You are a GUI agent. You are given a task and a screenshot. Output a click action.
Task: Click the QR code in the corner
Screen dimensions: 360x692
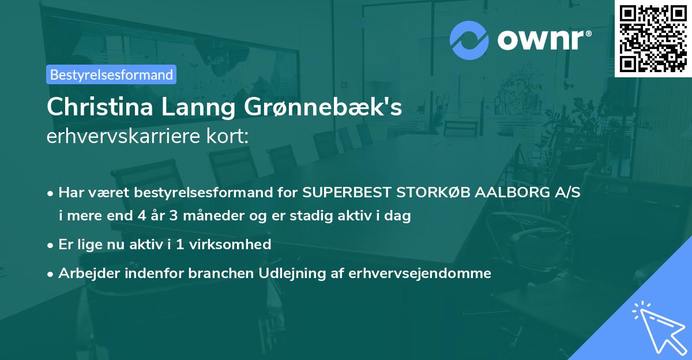pos(653,38)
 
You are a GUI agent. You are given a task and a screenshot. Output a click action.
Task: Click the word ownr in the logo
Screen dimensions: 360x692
pos(543,40)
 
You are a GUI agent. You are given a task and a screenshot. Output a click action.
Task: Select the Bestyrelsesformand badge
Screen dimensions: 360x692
pos(111,74)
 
